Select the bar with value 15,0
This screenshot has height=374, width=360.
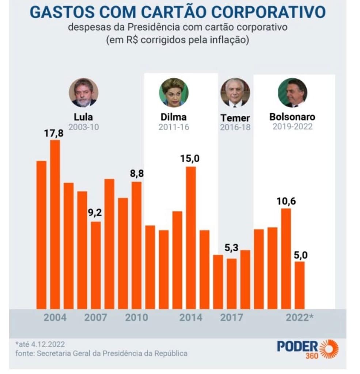pos(191,237)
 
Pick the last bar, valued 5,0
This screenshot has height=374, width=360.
pos(300,285)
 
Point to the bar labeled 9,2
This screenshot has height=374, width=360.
pos(96,265)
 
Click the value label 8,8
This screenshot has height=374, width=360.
pos(137,173)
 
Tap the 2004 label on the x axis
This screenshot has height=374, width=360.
pos(55,317)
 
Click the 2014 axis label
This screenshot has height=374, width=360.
pos(190,317)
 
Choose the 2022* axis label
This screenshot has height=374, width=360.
pos(299,317)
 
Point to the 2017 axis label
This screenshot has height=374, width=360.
pos(231,317)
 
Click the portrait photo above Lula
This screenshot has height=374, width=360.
pos(83,92)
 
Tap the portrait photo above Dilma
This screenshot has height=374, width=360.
pos(174,92)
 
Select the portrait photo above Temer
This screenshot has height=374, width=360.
pos(235,92)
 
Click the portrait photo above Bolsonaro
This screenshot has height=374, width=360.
pos(292,92)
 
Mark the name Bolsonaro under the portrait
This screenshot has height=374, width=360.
pos(292,117)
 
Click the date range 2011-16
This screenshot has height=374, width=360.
pos(174,127)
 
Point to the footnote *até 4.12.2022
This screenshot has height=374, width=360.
pos(41,344)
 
